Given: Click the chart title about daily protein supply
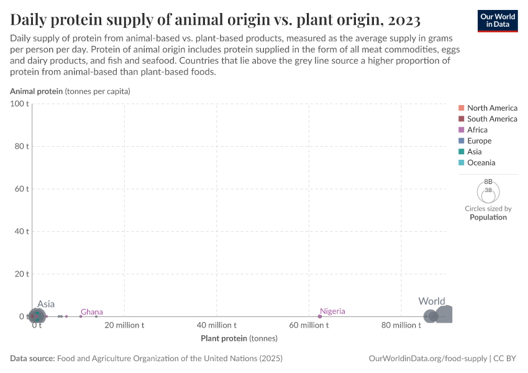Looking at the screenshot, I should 216,20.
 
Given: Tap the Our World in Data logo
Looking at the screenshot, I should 497,20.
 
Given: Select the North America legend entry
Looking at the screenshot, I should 491,108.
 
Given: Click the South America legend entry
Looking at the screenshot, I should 491,119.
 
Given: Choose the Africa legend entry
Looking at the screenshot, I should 476,130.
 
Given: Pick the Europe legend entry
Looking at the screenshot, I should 478,141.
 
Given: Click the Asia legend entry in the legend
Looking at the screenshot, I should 474,152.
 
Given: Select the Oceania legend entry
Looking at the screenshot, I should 481,163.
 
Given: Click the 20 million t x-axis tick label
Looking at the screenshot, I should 124,325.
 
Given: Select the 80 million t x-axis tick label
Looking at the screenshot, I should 401,325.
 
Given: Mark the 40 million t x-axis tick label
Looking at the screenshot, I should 216,325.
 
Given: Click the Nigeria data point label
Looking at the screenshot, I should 332,311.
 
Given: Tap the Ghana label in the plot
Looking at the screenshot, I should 92,312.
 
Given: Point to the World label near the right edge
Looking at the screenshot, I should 431,302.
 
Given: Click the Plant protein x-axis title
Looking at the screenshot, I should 239,339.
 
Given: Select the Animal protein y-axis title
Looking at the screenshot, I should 70,91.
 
